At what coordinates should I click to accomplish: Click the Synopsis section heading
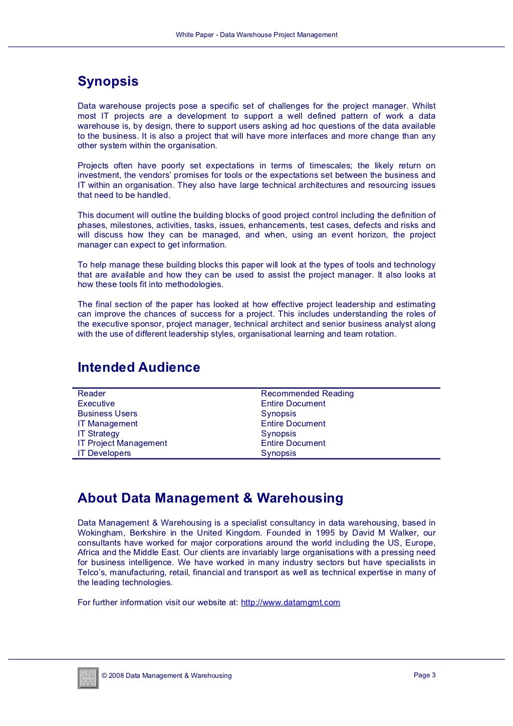(108, 82)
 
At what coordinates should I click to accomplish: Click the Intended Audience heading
(139, 367)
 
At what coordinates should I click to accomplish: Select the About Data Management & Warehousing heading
(210, 498)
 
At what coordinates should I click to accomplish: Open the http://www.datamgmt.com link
(291, 602)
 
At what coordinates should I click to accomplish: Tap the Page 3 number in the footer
(424, 675)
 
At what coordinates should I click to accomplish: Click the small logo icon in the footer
(88, 677)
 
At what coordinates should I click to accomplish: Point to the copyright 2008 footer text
(166, 675)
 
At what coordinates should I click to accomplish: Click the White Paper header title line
(256, 35)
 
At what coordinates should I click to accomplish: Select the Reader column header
(92, 394)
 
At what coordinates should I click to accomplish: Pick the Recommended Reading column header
(307, 394)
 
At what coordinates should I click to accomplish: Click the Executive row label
(96, 403)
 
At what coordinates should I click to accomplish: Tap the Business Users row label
(107, 413)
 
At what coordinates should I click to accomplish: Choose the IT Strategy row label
(99, 433)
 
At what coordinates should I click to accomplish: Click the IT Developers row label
(104, 453)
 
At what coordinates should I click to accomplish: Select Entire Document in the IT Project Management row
(293, 443)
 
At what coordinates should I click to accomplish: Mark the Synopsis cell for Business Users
(279, 413)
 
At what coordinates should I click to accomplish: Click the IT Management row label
(108, 423)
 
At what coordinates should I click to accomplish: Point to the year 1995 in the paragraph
(326, 533)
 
